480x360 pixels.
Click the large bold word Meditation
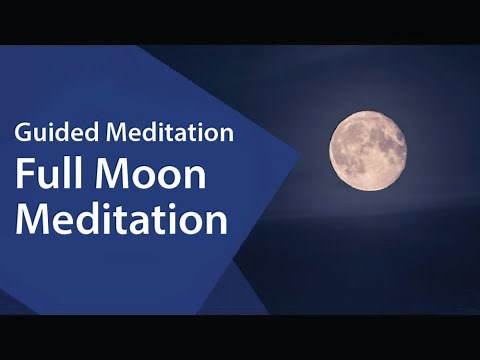122,217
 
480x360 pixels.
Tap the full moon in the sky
368,151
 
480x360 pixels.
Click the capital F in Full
23,174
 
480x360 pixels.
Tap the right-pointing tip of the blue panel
299,155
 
